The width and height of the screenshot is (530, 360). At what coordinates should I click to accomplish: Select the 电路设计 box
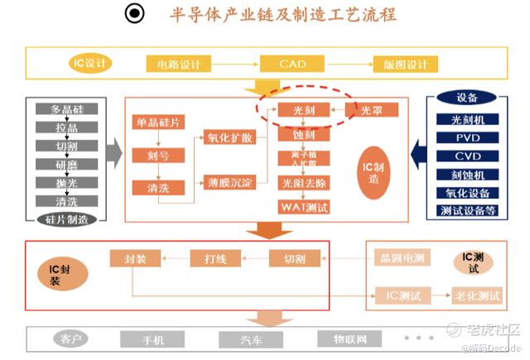point(181,64)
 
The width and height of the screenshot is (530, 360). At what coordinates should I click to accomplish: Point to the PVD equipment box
point(466,137)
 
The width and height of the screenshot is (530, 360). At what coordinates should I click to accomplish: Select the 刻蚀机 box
point(466,174)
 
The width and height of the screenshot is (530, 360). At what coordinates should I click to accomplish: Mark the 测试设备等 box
point(466,210)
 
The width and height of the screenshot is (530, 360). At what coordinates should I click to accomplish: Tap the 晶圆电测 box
point(399,259)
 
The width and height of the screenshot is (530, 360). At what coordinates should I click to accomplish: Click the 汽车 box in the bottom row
point(246,339)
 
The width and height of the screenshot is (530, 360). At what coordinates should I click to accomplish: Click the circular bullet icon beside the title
point(134,14)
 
